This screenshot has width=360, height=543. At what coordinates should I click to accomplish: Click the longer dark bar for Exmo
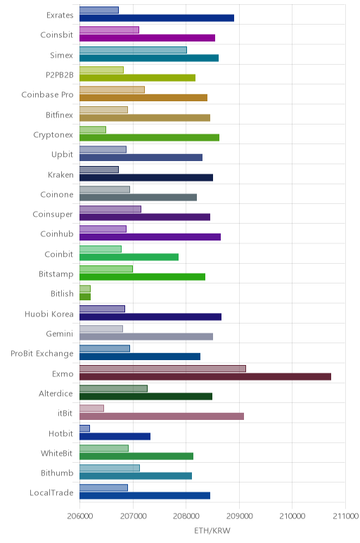(x=205, y=376)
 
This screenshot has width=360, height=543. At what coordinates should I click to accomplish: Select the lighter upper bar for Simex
(x=134, y=50)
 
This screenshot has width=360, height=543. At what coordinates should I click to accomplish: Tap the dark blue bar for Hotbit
(x=115, y=436)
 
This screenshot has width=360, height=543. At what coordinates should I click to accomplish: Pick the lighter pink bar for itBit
(x=91, y=408)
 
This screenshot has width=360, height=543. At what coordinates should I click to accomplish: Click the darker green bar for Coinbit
(x=129, y=257)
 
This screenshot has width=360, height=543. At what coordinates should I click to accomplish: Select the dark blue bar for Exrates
(x=157, y=18)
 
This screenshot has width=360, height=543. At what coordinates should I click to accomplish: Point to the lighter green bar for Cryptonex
(x=93, y=129)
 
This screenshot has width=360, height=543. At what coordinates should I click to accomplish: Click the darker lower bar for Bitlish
(x=85, y=297)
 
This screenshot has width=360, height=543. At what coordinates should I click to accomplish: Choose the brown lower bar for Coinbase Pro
(x=143, y=98)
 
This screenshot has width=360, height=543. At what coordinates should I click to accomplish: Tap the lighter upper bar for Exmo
(x=162, y=369)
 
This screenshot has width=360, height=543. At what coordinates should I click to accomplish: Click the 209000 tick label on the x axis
(x=239, y=516)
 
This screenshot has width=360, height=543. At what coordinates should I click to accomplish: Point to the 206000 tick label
(x=80, y=516)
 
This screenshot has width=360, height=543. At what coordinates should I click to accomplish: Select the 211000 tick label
(x=345, y=516)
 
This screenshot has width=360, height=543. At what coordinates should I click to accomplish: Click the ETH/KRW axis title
(x=212, y=530)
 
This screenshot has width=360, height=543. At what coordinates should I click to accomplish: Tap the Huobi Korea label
(x=49, y=314)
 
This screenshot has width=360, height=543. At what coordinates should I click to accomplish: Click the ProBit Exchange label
(x=42, y=354)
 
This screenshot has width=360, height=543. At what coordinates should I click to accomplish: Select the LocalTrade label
(x=51, y=492)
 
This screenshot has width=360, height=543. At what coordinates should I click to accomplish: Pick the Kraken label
(x=60, y=174)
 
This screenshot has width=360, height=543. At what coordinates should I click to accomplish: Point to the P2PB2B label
(x=60, y=75)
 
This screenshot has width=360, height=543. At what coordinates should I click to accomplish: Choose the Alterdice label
(x=56, y=393)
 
